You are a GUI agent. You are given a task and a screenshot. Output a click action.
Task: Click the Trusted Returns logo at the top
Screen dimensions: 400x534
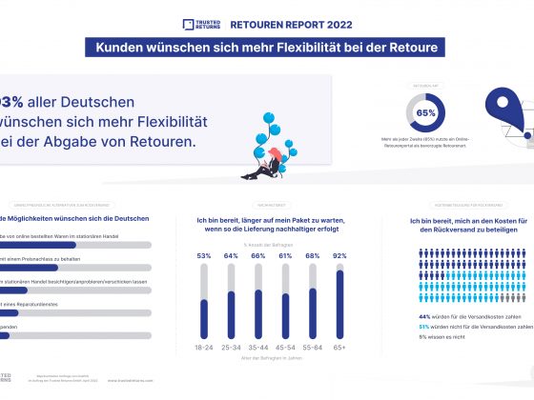203,25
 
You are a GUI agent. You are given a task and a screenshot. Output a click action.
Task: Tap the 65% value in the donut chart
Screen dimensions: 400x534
425,113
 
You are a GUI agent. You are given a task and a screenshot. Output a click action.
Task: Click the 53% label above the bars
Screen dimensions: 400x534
204,256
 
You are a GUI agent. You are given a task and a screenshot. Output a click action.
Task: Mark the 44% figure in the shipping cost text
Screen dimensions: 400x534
425,316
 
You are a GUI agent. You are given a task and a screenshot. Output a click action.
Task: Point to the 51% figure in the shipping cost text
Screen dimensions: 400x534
425,326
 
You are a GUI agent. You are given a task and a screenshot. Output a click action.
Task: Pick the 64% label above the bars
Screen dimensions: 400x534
231,256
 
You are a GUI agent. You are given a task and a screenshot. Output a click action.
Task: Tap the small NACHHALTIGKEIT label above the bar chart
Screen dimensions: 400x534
271,206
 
